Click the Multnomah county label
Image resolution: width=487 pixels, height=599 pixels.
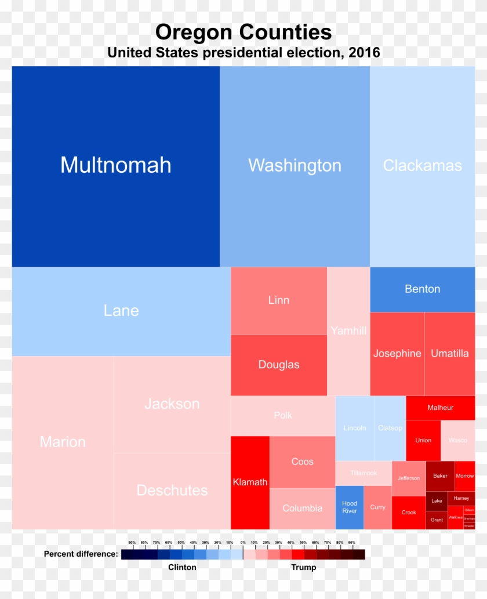pos(116,165)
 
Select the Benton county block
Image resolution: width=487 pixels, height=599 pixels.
pos(423,289)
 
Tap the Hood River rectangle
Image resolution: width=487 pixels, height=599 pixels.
pos(350,507)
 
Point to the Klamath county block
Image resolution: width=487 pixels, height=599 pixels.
pos(250,482)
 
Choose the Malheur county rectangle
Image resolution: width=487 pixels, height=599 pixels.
pos(441,408)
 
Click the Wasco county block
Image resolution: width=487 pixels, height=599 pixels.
pos(458,440)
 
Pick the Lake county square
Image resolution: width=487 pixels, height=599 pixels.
pos(437,501)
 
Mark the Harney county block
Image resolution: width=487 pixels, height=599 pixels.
pos(461,498)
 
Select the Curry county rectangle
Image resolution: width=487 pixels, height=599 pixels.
pos(377,507)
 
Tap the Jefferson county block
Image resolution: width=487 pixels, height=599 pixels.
pos(409,478)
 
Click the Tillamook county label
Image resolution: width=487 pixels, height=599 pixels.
pos(364,473)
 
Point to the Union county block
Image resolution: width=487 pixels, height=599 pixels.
pos(423,440)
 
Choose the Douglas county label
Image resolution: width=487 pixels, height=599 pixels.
pos(279,365)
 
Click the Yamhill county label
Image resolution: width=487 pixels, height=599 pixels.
pos(348,331)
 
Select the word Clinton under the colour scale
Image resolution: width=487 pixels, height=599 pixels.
pos(182,567)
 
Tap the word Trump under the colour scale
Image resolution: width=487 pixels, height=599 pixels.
pos(304,567)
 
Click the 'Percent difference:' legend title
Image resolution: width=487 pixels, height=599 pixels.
pos(81,554)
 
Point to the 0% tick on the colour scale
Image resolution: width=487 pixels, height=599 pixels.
pos(243,543)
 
